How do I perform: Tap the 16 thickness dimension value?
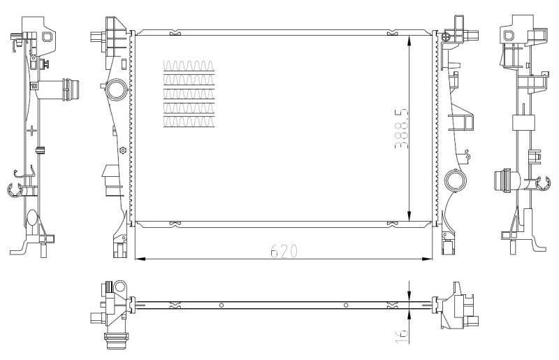point(400,333)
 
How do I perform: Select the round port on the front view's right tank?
point(456,181)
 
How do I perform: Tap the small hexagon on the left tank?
point(123,150)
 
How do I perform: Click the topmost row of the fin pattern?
point(187,66)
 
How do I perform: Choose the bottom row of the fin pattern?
point(187,122)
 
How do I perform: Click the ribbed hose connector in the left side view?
point(71,91)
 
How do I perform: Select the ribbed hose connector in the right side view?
point(501,181)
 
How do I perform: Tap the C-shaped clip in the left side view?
point(14,188)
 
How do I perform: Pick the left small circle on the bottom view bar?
point(221,305)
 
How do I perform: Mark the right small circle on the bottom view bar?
point(346,305)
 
